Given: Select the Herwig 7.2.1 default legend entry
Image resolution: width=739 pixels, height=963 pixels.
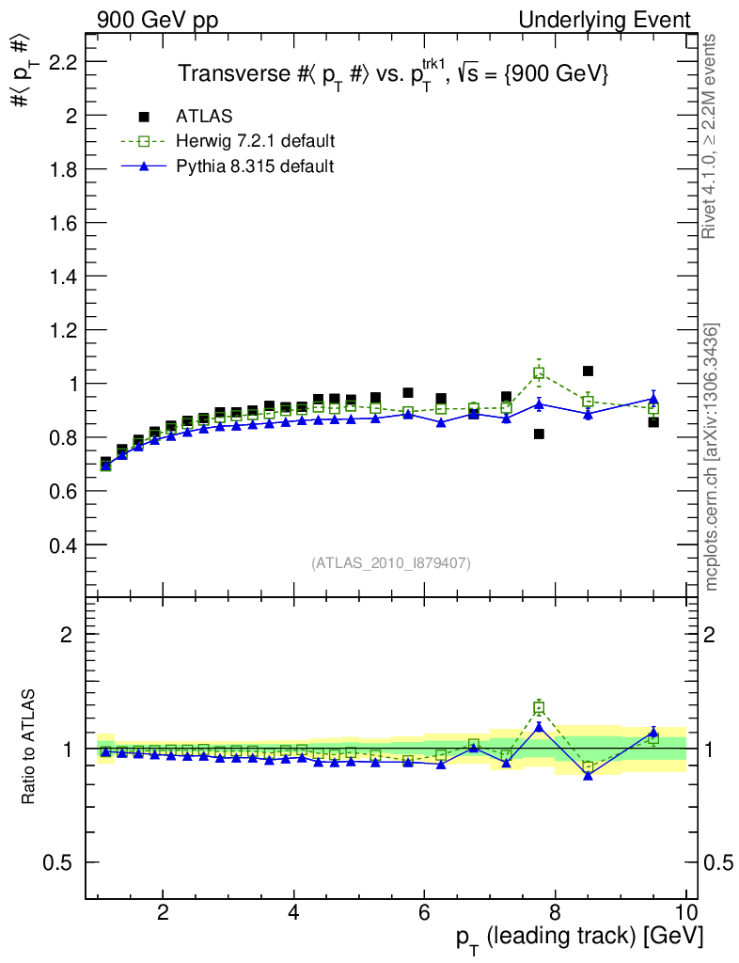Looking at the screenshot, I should [x=255, y=141].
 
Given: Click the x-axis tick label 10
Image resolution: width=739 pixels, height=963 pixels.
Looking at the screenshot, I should [x=685, y=910].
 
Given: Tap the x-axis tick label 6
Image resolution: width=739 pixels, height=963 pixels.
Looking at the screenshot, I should [x=424, y=910].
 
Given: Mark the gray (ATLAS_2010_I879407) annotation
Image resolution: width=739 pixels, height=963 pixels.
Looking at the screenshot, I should [x=391, y=563].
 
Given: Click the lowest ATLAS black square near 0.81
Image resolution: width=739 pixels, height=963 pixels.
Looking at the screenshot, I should [x=539, y=434].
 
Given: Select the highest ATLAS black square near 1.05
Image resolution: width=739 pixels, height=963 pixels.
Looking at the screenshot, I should [x=588, y=371].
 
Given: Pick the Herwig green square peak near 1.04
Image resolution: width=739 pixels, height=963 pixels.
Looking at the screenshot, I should [x=539, y=372].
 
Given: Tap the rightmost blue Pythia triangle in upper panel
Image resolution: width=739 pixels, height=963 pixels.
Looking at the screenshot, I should [x=653, y=399].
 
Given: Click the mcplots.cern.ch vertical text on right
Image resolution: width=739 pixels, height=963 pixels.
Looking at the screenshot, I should [x=712, y=457].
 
